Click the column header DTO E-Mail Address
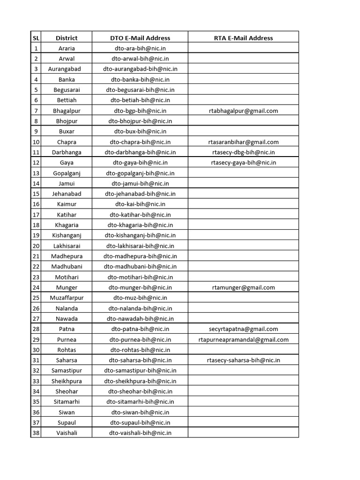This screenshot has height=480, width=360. point(140,38)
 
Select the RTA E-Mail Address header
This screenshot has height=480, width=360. point(243,38)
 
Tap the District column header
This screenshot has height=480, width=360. point(67,38)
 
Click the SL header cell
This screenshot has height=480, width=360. point(36,38)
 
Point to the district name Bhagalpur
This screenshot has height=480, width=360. point(67,111)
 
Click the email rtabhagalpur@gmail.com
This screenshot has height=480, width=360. point(243,111)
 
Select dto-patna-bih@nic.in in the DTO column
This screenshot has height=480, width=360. point(140,329)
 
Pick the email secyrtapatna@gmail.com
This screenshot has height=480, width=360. point(243,329)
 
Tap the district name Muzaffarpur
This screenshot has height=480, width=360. point(67,298)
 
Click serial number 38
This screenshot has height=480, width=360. point(36,433)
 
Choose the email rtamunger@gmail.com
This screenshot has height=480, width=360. point(243,287)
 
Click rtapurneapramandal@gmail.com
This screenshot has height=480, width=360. point(243,339)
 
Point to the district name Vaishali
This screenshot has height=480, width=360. point(67,433)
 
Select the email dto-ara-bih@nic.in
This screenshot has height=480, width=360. point(140,48)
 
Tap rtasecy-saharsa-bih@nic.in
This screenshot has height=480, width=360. point(243,360)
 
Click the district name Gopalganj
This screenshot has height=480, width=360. point(67,173)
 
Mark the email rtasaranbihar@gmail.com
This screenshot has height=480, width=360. point(243,142)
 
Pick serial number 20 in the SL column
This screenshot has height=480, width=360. point(36,246)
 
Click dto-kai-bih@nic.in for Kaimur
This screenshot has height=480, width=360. point(140,204)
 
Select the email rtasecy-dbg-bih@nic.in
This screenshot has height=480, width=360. point(243,152)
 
